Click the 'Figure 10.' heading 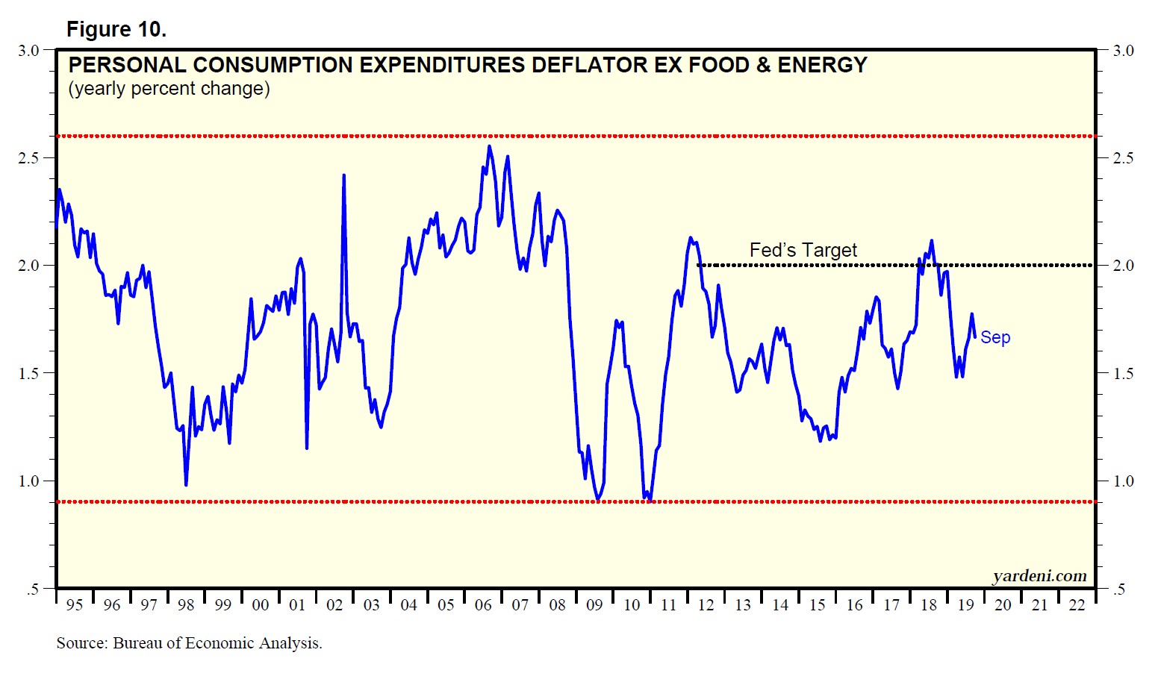(x=116, y=29)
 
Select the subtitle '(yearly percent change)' (x=169, y=89)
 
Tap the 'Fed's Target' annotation (x=803, y=250)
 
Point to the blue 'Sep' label (x=995, y=337)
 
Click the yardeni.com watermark (x=1039, y=575)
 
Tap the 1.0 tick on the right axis (x=1123, y=481)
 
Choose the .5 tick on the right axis (x=1118, y=589)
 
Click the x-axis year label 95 (x=75, y=605)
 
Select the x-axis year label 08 (x=557, y=605)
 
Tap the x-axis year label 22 (x=1077, y=605)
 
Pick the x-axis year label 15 (x=817, y=605)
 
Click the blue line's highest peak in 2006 (x=489, y=146)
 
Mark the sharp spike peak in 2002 (x=343, y=175)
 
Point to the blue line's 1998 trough (x=186, y=485)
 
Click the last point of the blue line (x=974, y=337)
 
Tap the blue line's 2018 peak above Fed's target (x=931, y=240)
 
